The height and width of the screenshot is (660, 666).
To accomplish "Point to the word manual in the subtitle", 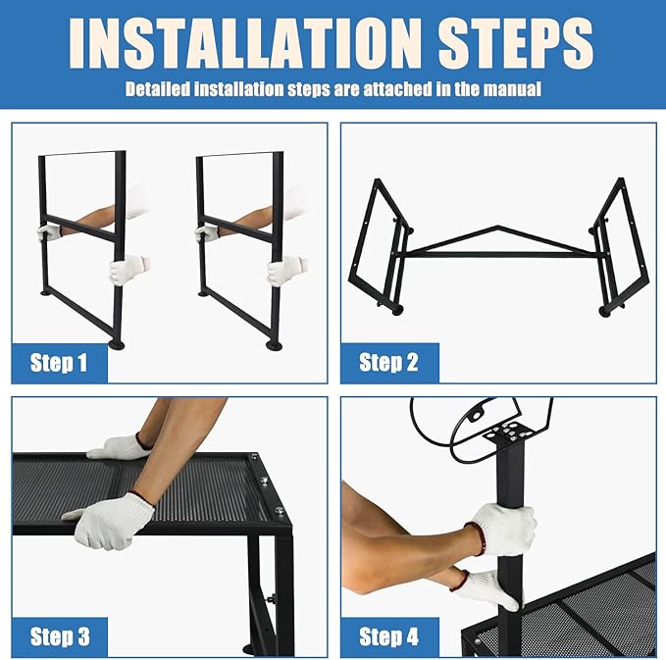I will pos(513,89).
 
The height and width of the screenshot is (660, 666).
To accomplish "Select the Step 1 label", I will pos(59,363).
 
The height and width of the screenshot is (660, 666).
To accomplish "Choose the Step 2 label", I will pos(388,363).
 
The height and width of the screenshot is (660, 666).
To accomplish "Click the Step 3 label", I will pos(59,636).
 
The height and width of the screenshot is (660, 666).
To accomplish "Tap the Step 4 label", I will pos(388,636).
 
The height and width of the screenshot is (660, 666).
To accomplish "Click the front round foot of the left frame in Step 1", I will pos(117,344).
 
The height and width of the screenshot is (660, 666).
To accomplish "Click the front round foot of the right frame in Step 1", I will pos(275,344).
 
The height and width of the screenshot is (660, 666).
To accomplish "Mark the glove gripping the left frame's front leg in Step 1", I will pos(129,269).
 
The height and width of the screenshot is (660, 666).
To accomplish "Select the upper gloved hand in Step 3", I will pos(120,448).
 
